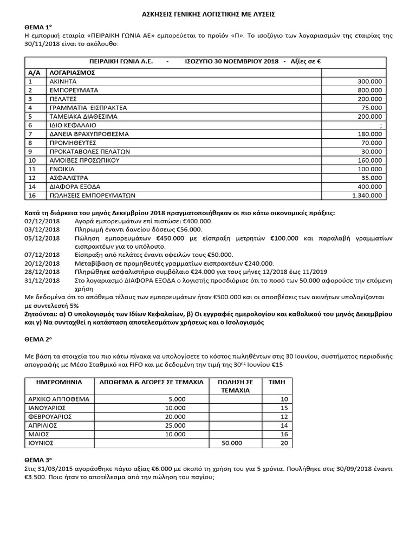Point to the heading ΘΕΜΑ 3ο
(x=38, y=460)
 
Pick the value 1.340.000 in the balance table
(x=367, y=196)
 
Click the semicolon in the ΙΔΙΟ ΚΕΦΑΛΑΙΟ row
(x=381, y=125)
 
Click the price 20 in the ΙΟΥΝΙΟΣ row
(x=282, y=443)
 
